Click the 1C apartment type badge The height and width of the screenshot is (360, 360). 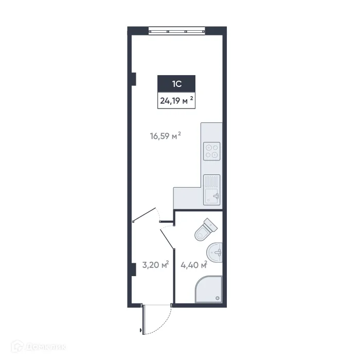pos(176,82)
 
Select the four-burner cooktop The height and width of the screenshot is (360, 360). pos(211,151)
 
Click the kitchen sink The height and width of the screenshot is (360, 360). pos(211,189)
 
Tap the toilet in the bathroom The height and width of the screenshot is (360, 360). pos(205,230)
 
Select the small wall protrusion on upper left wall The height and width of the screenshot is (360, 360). pos(133,79)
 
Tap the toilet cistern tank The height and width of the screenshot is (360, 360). pos(211,224)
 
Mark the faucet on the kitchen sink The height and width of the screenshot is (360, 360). pos(217,195)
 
